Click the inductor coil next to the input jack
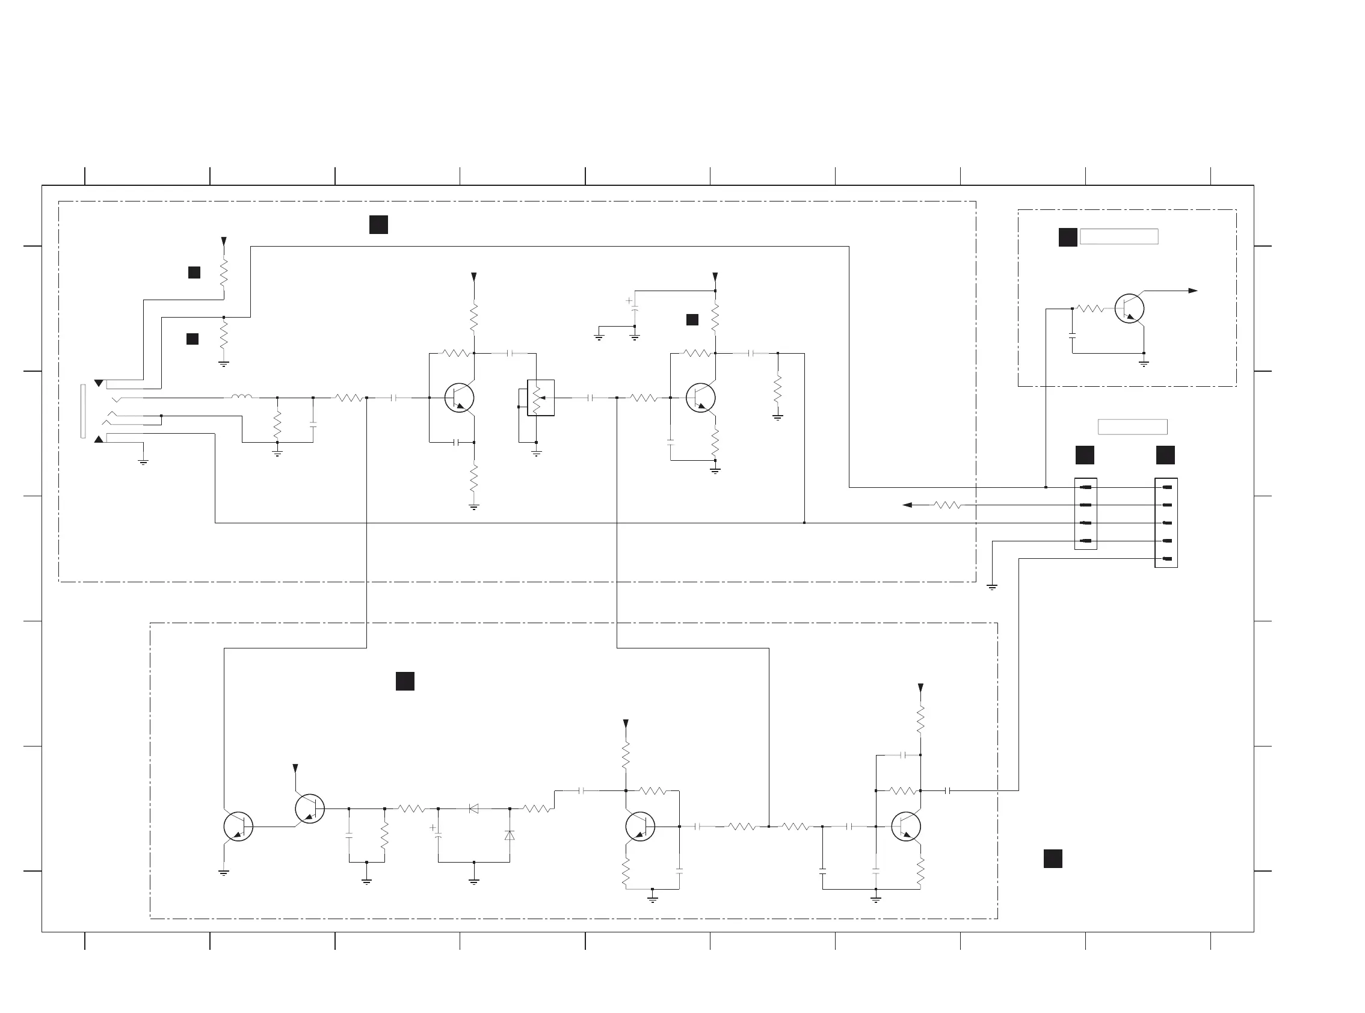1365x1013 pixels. pos(242,397)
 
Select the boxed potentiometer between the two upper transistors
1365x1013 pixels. pos(540,398)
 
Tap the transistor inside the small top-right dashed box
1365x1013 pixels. pos(1129,309)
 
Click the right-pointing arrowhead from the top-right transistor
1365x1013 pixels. pos(1193,291)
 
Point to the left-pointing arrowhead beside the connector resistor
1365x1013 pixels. pos(908,505)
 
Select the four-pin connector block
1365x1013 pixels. pos(1085,514)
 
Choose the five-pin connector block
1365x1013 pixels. pos(1166,523)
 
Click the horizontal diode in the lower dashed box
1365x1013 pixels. pos(473,808)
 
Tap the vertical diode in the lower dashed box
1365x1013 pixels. pos(509,835)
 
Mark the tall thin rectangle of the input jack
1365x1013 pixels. pos(83,411)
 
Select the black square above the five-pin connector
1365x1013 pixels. pos(1165,455)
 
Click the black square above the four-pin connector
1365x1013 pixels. pos(1085,455)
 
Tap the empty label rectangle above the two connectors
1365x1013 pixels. pos(1132,426)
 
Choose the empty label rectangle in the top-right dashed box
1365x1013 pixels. pos(1118,236)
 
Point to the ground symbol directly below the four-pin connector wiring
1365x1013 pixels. pos(991,587)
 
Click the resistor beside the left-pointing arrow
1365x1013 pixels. pos(947,505)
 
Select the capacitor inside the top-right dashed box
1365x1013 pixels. pos(1072,336)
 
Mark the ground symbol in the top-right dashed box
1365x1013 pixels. pos(1144,363)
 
